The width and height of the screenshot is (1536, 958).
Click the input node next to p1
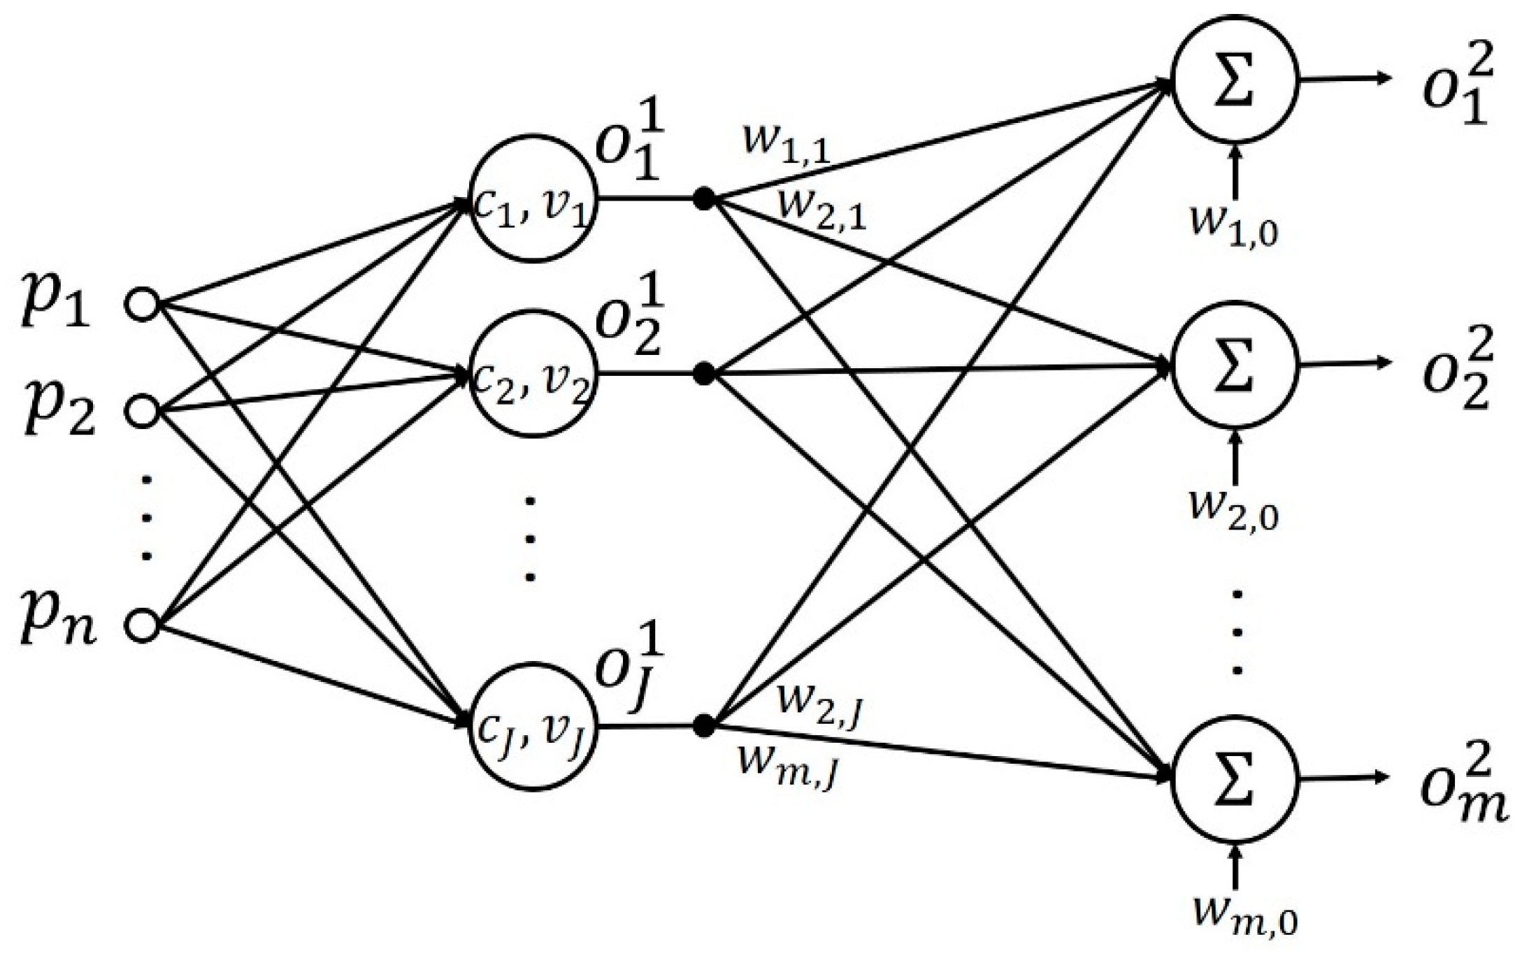pyautogui.click(x=143, y=306)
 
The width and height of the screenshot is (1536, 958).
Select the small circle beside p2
pyautogui.click(x=143, y=411)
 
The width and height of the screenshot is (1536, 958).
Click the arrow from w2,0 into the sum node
pyautogui.click(x=1235, y=458)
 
